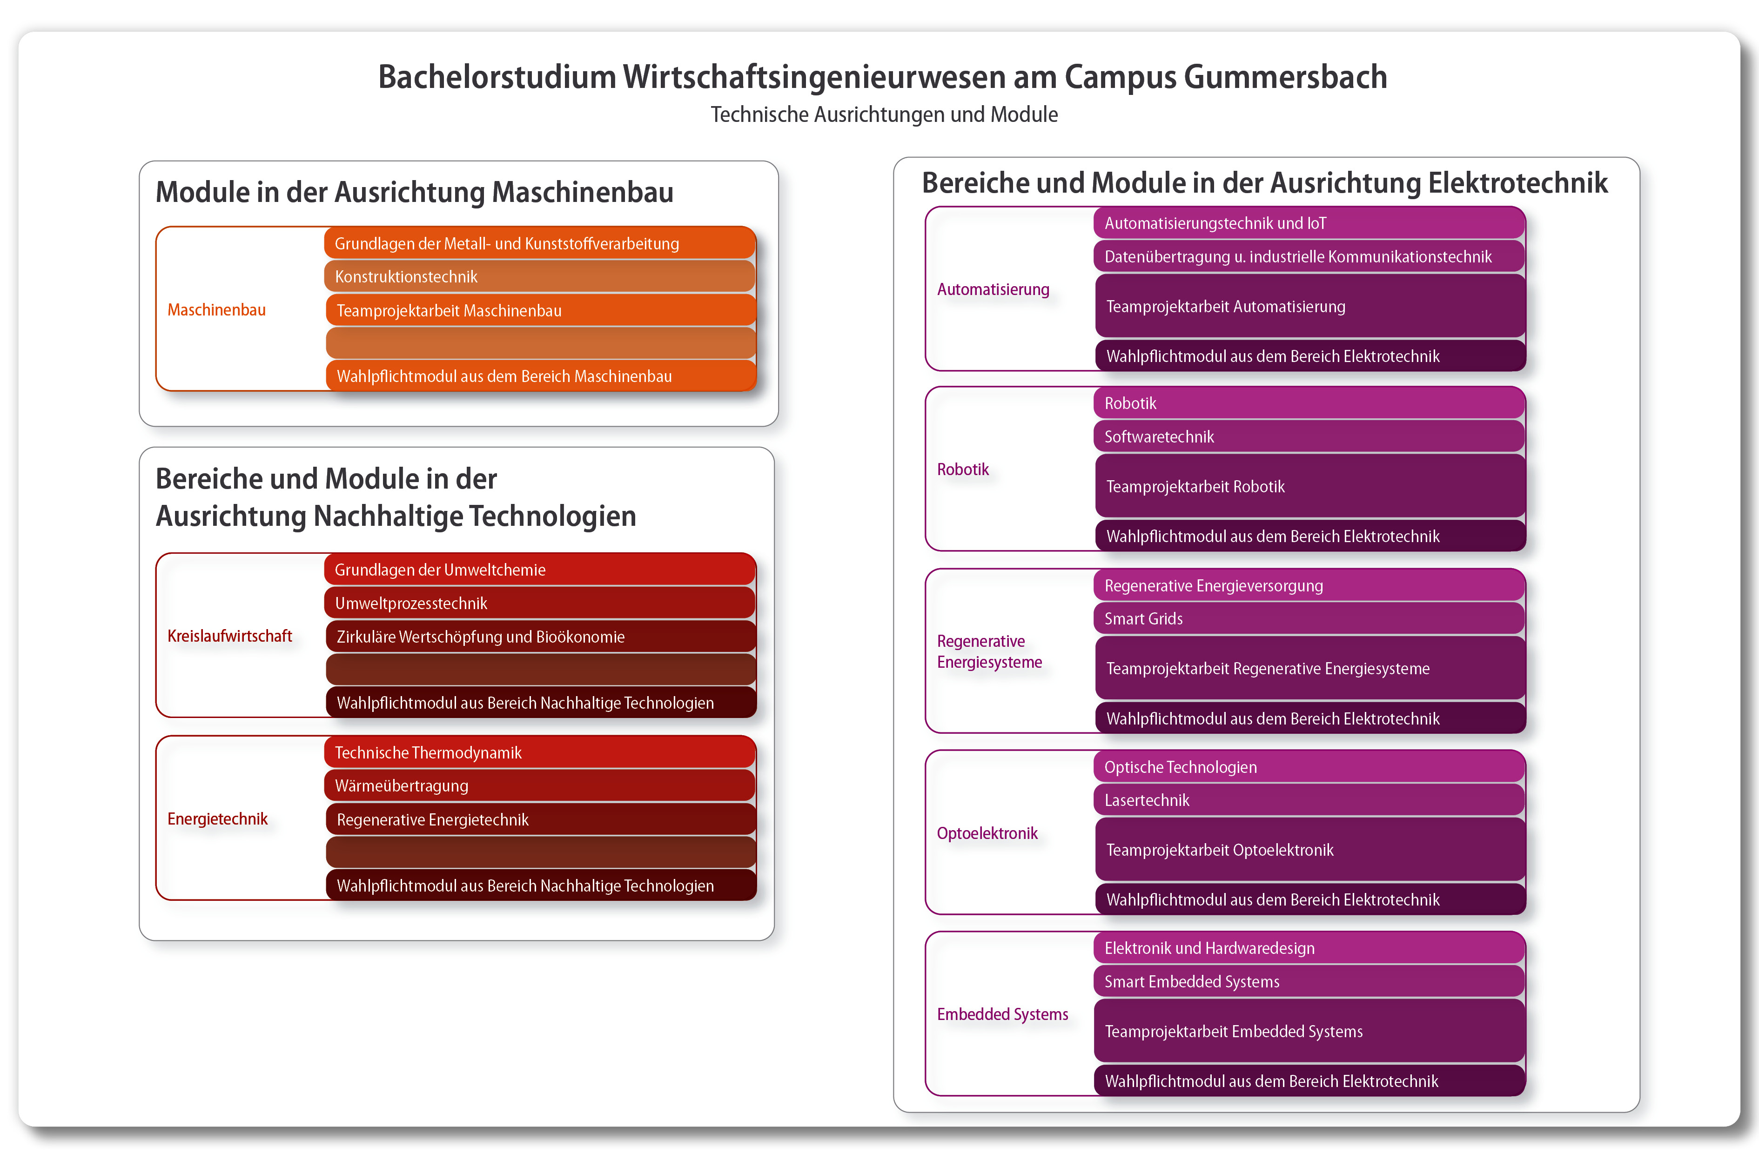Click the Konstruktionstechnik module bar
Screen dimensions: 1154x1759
coord(539,276)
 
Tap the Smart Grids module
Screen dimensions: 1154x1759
coord(1308,619)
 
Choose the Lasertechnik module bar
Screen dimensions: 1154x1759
coord(1308,800)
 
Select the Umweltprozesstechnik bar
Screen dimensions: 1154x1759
coord(539,603)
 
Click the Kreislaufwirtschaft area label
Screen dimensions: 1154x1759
coord(230,636)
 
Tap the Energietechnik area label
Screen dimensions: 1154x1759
coord(217,819)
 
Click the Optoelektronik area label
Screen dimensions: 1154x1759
coord(987,833)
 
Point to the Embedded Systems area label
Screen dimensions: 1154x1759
coord(1002,1014)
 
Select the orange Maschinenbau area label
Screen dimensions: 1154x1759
coord(216,310)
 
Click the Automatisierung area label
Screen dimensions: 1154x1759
coord(993,289)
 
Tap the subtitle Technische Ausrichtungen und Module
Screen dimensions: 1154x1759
coord(884,114)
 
